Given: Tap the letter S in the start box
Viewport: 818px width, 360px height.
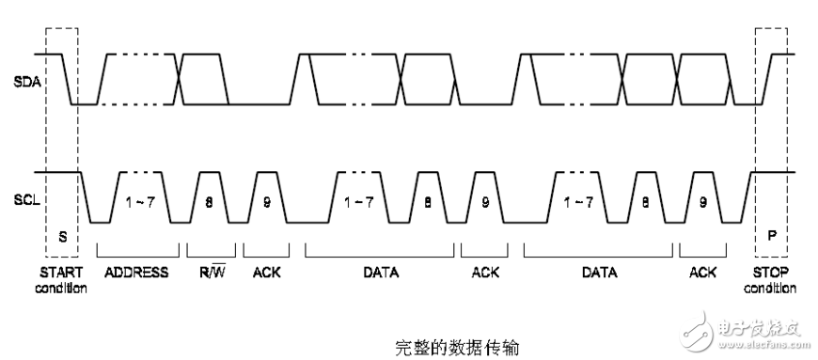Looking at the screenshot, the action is pos(63,237).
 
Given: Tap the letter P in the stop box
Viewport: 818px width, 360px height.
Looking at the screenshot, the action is pos(772,237).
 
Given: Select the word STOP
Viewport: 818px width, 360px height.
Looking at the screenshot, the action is pos(771,273).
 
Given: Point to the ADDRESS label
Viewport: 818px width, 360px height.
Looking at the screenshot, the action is pos(137,273).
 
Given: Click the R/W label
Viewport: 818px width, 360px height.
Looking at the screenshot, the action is pos(210,273).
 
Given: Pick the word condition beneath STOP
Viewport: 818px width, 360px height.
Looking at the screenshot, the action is pos(771,288).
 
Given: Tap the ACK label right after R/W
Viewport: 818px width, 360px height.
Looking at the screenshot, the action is pos(267,273).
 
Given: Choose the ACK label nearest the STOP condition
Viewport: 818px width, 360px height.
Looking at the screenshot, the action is pos(702,273).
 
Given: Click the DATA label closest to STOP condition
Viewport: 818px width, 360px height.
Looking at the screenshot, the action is pos(599,273).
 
